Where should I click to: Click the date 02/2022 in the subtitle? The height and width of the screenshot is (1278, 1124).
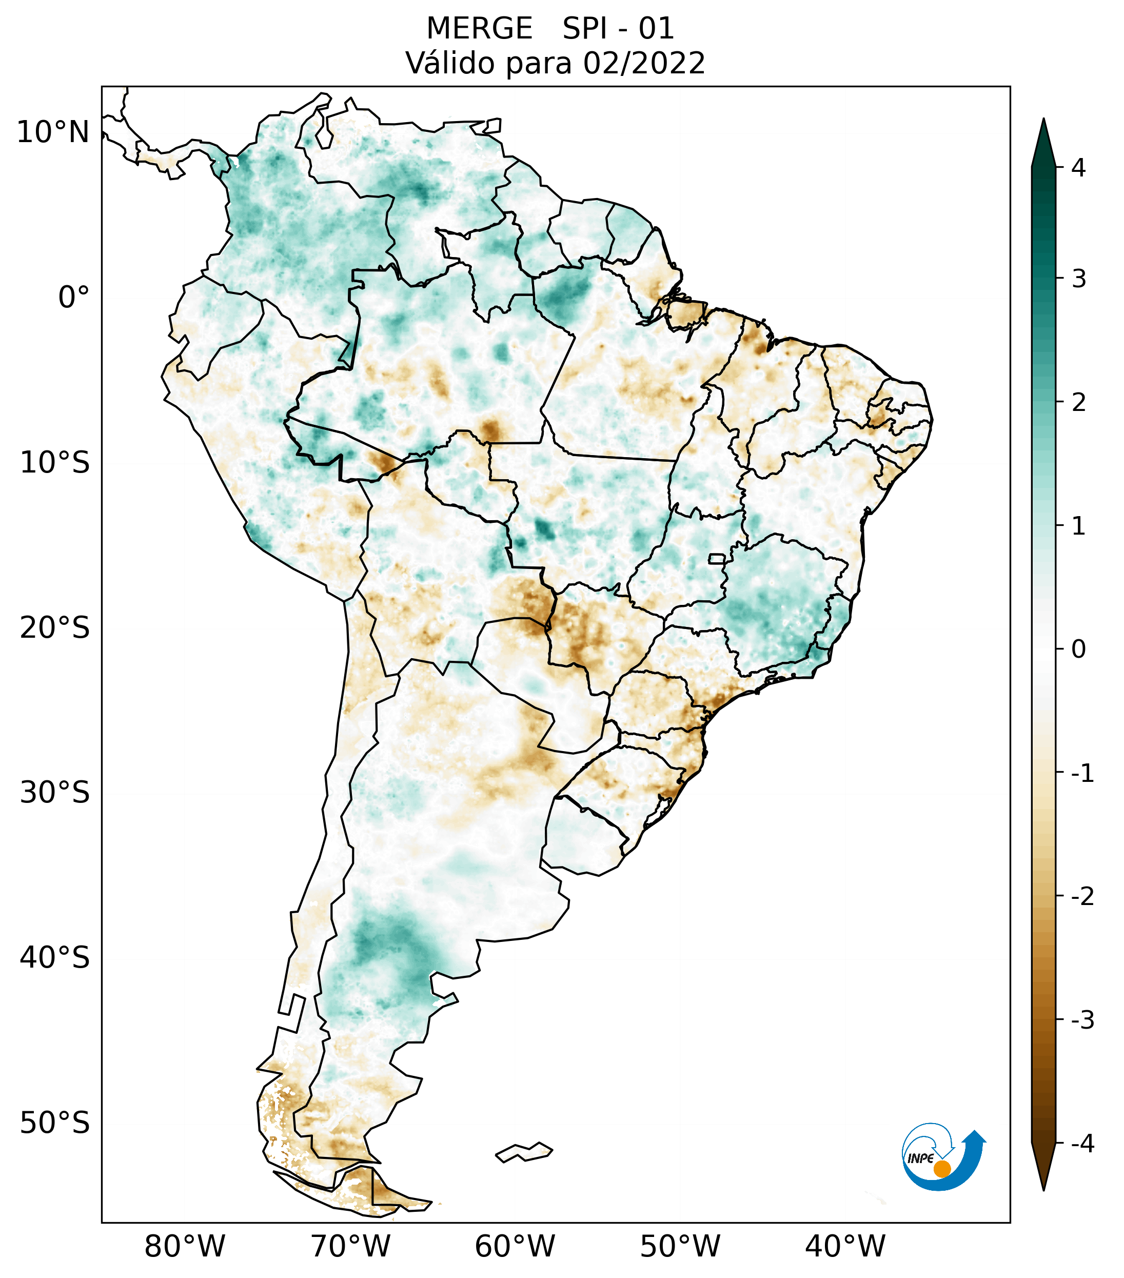644,63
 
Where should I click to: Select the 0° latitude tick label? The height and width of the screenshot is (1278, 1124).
74,298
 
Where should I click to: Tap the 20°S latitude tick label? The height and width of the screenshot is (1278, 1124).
55,628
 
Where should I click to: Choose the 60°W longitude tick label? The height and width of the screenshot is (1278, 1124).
515,1246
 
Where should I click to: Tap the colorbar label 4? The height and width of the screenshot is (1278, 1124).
1078,168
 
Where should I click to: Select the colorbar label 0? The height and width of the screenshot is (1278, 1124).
1078,650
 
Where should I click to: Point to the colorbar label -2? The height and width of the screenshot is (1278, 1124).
1082,897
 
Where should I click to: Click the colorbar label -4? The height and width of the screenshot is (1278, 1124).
1082,1144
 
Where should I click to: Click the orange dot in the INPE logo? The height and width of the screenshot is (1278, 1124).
941,1169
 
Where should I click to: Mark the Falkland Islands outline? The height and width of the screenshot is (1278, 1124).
524,1152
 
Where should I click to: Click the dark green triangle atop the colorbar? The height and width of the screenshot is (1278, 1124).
1043,144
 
